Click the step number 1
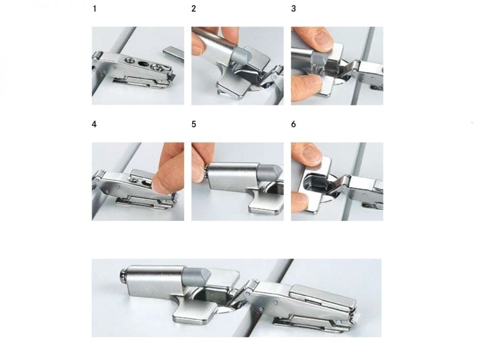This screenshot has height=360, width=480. [x=94, y=9]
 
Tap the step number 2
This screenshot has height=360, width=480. [x=194, y=9]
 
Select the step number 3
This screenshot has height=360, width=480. [x=293, y=9]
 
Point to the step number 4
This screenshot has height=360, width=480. [x=94, y=124]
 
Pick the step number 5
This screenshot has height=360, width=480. [x=194, y=124]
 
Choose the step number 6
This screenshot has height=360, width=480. [x=293, y=124]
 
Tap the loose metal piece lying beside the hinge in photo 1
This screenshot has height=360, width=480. [x=173, y=53]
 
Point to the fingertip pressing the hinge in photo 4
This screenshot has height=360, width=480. [x=164, y=183]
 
